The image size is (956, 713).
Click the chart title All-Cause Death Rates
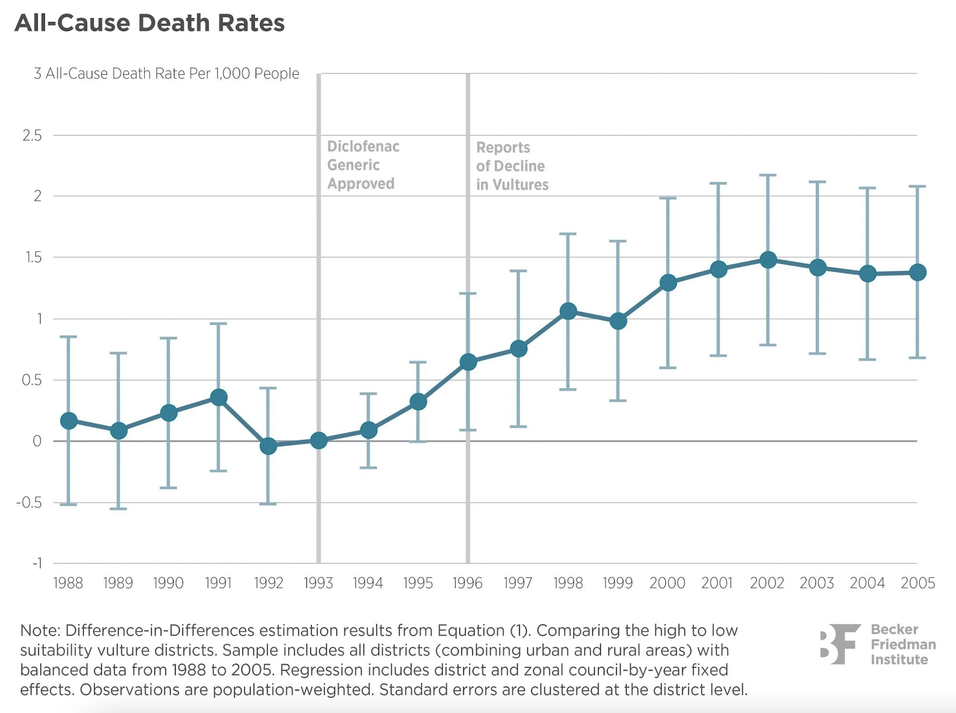pos(149,23)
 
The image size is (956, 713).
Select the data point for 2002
pos(768,260)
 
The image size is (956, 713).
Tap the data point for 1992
pos(268,446)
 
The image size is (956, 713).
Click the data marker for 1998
pos(568,311)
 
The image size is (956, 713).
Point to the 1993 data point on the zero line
pos(319,440)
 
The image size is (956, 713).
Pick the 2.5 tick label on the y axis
pos(32,136)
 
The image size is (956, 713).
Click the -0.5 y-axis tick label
pos(29,503)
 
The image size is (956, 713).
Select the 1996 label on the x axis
pos(467,583)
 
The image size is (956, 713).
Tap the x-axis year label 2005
pos(918,583)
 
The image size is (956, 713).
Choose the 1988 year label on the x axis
pos(68,583)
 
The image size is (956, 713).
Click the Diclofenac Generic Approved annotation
pos(363,165)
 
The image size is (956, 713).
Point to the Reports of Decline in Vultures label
pos(512,166)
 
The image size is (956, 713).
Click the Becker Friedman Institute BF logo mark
pos(839,644)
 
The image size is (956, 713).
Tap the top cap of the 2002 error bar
pos(768,176)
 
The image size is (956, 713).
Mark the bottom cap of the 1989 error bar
pos(119,509)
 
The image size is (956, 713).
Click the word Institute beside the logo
pos(899,660)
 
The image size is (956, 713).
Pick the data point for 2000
pos(668,283)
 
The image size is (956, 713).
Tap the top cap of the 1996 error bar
pos(468,293)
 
